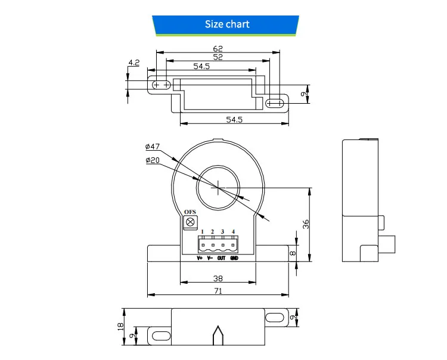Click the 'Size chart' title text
227,24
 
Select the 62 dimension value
218,49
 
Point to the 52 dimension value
218,57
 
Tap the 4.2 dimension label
134,62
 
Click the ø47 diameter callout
153,146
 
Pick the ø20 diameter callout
153,160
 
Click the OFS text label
190,212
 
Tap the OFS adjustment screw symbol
191,222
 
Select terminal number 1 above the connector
202,232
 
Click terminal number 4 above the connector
233,232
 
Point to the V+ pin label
200,258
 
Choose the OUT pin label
221,258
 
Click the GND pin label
234,258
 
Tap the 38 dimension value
218,278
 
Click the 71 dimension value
218,290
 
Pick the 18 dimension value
121,326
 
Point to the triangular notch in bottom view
218,335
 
